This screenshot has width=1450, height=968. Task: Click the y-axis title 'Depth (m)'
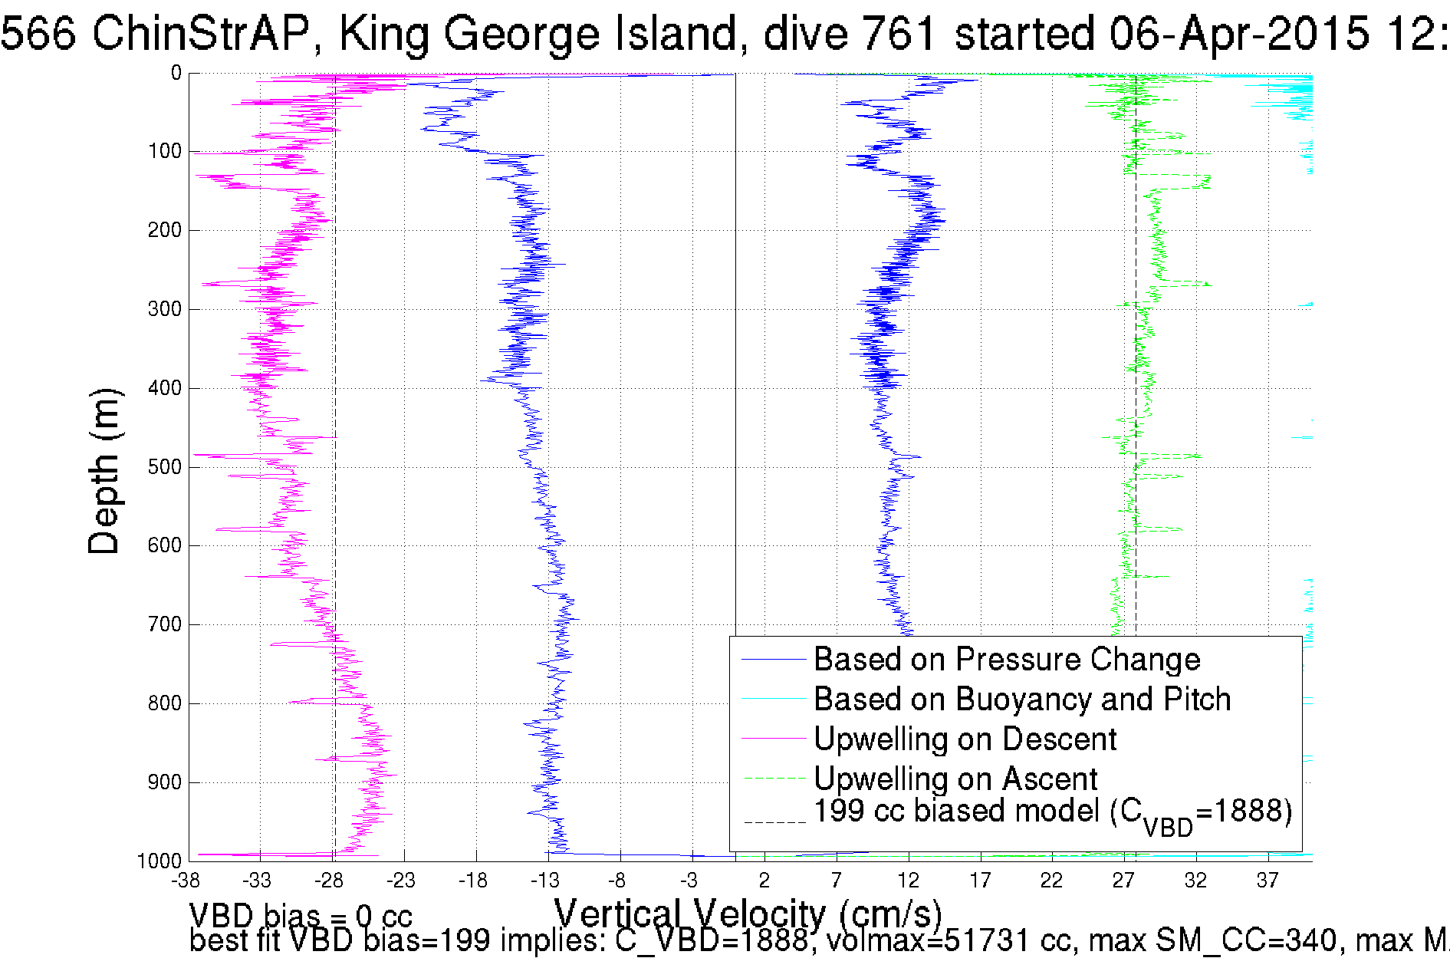coord(104,471)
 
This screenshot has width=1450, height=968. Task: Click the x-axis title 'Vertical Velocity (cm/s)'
coord(748,914)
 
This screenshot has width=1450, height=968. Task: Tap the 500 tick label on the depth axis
coord(164,467)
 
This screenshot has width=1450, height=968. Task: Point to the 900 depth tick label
coord(164,782)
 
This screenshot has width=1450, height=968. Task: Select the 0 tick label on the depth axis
coord(176,74)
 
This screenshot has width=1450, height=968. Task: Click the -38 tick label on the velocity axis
coord(186,881)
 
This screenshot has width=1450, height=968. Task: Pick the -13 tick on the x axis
coord(546,881)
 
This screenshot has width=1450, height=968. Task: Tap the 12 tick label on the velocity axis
coord(909,881)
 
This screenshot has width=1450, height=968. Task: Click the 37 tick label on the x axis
coord(1268,881)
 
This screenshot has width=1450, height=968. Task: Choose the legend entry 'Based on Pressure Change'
coord(1006,660)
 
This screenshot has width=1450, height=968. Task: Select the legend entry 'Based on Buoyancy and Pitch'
coord(1021,700)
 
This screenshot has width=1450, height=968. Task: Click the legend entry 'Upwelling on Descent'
coord(965,739)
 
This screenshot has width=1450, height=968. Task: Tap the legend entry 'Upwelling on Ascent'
coord(955,779)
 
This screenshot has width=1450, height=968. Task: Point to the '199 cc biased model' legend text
coord(1052,813)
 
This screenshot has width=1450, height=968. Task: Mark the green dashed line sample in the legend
coord(774,779)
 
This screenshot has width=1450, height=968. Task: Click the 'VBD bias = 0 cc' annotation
coord(301,916)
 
